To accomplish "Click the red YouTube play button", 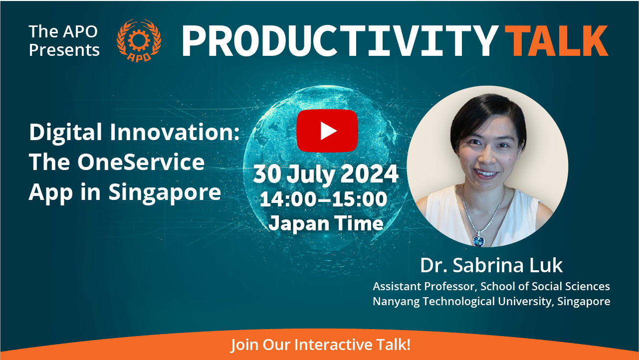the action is pyautogui.click(x=327, y=131).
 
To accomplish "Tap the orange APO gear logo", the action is pyautogui.click(x=139, y=40).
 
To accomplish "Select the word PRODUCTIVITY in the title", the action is pyautogui.click(x=340, y=41).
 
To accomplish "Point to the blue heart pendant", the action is pyautogui.click(x=479, y=240).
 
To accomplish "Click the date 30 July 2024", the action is pyautogui.click(x=326, y=174).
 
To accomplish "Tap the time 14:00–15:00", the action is pyautogui.click(x=324, y=199).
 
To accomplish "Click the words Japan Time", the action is pyautogui.click(x=326, y=223).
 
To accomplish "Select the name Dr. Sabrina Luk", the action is pyautogui.click(x=491, y=265).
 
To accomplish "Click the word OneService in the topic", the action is pyautogui.click(x=141, y=162).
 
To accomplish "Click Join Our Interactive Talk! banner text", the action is pyautogui.click(x=321, y=345).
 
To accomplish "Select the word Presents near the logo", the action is pyautogui.click(x=64, y=50).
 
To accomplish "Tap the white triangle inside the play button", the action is pyautogui.click(x=328, y=131).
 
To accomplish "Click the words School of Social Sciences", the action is pyautogui.click(x=545, y=286).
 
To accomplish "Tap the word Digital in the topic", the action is pyautogui.click(x=66, y=133).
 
